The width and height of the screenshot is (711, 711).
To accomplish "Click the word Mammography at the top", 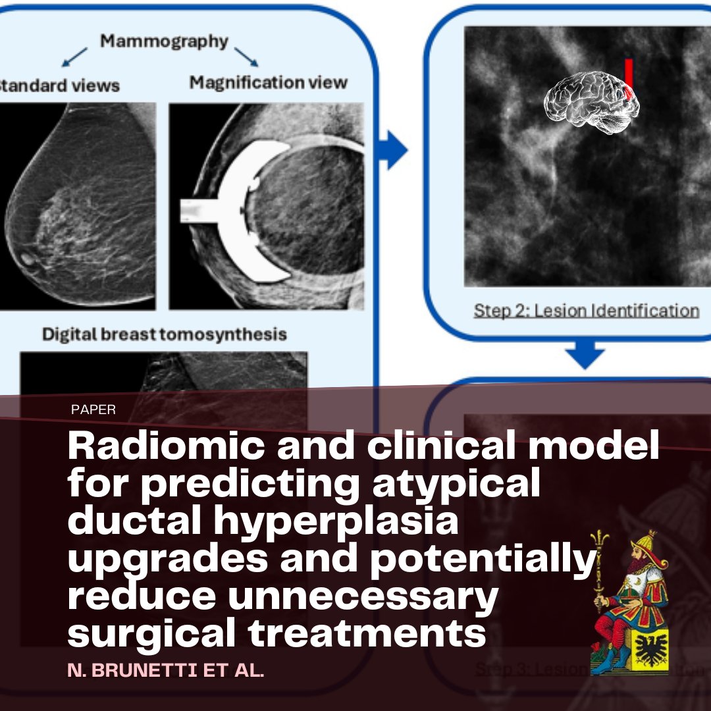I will [x=164, y=41].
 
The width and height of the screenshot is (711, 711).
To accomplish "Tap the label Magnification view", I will [x=268, y=82].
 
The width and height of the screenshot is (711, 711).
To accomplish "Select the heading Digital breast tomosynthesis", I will [x=165, y=334].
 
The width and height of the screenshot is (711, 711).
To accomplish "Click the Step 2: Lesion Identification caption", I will [x=586, y=310].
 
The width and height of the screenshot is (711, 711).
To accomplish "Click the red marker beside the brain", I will [x=629, y=79].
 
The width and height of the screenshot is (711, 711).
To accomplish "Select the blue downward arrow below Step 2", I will [x=585, y=355].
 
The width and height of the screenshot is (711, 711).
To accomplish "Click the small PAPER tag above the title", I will [x=93, y=409].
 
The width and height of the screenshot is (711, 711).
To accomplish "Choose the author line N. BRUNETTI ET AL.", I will [x=166, y=672].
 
